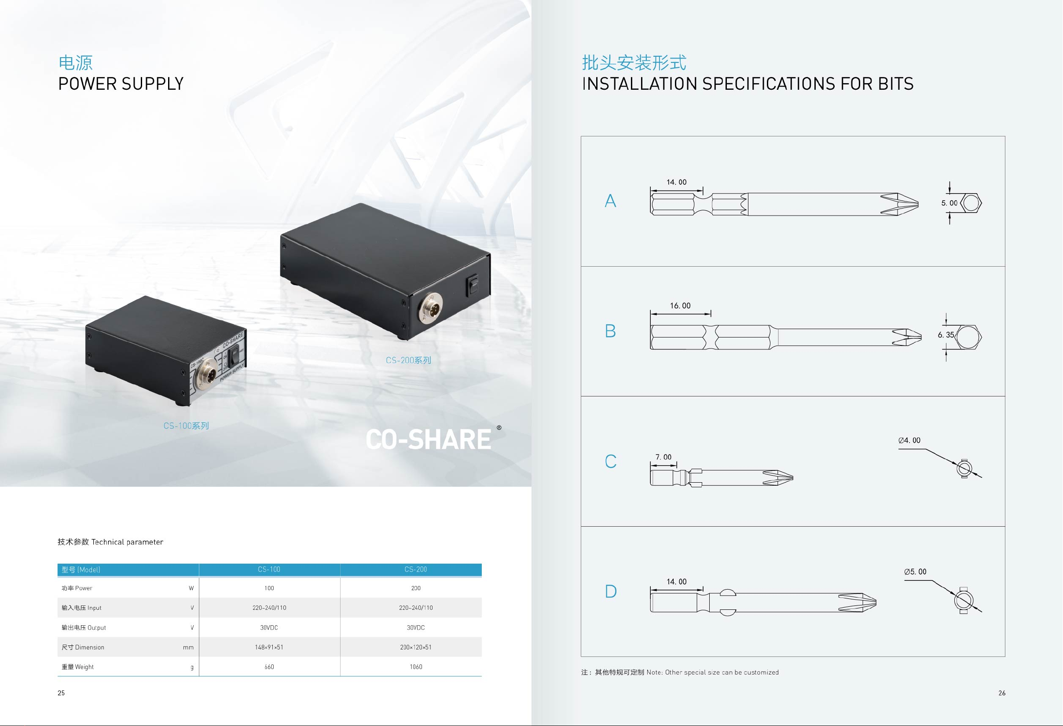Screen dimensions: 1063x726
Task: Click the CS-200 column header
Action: [x=415, y=569]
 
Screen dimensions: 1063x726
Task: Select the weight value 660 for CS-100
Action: [x=269, y=667]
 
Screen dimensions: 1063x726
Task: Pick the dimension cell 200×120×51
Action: [x=415, y=647]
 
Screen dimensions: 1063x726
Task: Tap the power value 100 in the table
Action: [x=269, y=588]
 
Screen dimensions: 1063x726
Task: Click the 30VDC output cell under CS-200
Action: [x=415, y=627]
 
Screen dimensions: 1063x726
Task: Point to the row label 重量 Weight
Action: [x=78, y=667]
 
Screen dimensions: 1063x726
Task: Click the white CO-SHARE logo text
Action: [x=429, y=439]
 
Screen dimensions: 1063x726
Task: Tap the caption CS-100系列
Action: [x=186, y=425]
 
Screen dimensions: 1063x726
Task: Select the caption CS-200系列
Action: [x=408, y=360]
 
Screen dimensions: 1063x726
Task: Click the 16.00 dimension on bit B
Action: [x=680, y=306]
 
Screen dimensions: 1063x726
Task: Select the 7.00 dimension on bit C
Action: [x=663, y=457]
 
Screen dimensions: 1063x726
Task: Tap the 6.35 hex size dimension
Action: [x=946, y=335]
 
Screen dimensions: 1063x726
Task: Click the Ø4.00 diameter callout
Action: [x=909, y=440]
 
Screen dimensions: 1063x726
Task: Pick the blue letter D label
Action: [x=611, y=591]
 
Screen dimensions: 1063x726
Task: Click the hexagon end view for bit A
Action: [x=971, y=203]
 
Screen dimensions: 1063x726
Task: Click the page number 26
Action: [x=1002, y=693]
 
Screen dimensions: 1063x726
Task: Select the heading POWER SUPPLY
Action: [x=121, y=84]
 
